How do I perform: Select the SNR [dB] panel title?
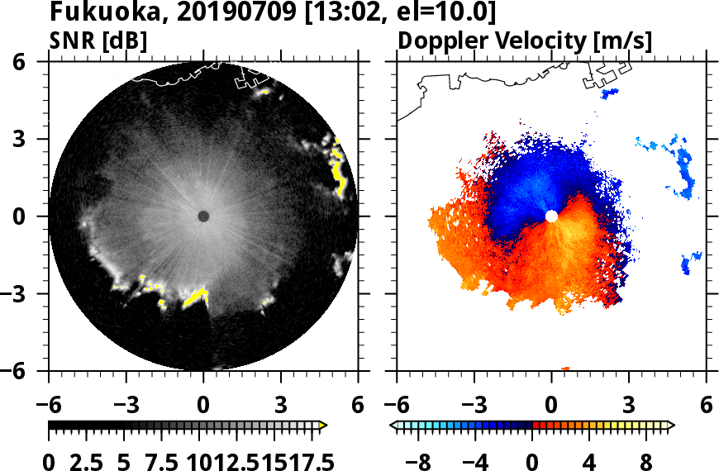tap(98, 40)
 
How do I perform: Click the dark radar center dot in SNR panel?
tap(203, 216)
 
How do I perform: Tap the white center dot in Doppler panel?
tap(551, 216)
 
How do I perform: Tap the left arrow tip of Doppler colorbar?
tap(393, 426)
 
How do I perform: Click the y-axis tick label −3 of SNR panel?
tap(26, 294)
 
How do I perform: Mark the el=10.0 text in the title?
tap(445, 13)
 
